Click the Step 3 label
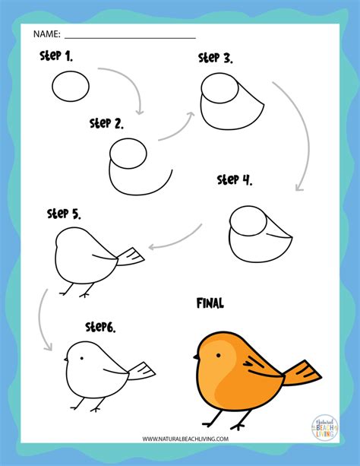[x=215, y=58]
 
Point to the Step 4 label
[x=235, y=180]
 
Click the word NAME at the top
[x=45, y=33]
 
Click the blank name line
[x=130, y=36]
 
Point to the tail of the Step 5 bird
[x=131, y=257]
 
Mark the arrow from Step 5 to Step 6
[x=43, y=312]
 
